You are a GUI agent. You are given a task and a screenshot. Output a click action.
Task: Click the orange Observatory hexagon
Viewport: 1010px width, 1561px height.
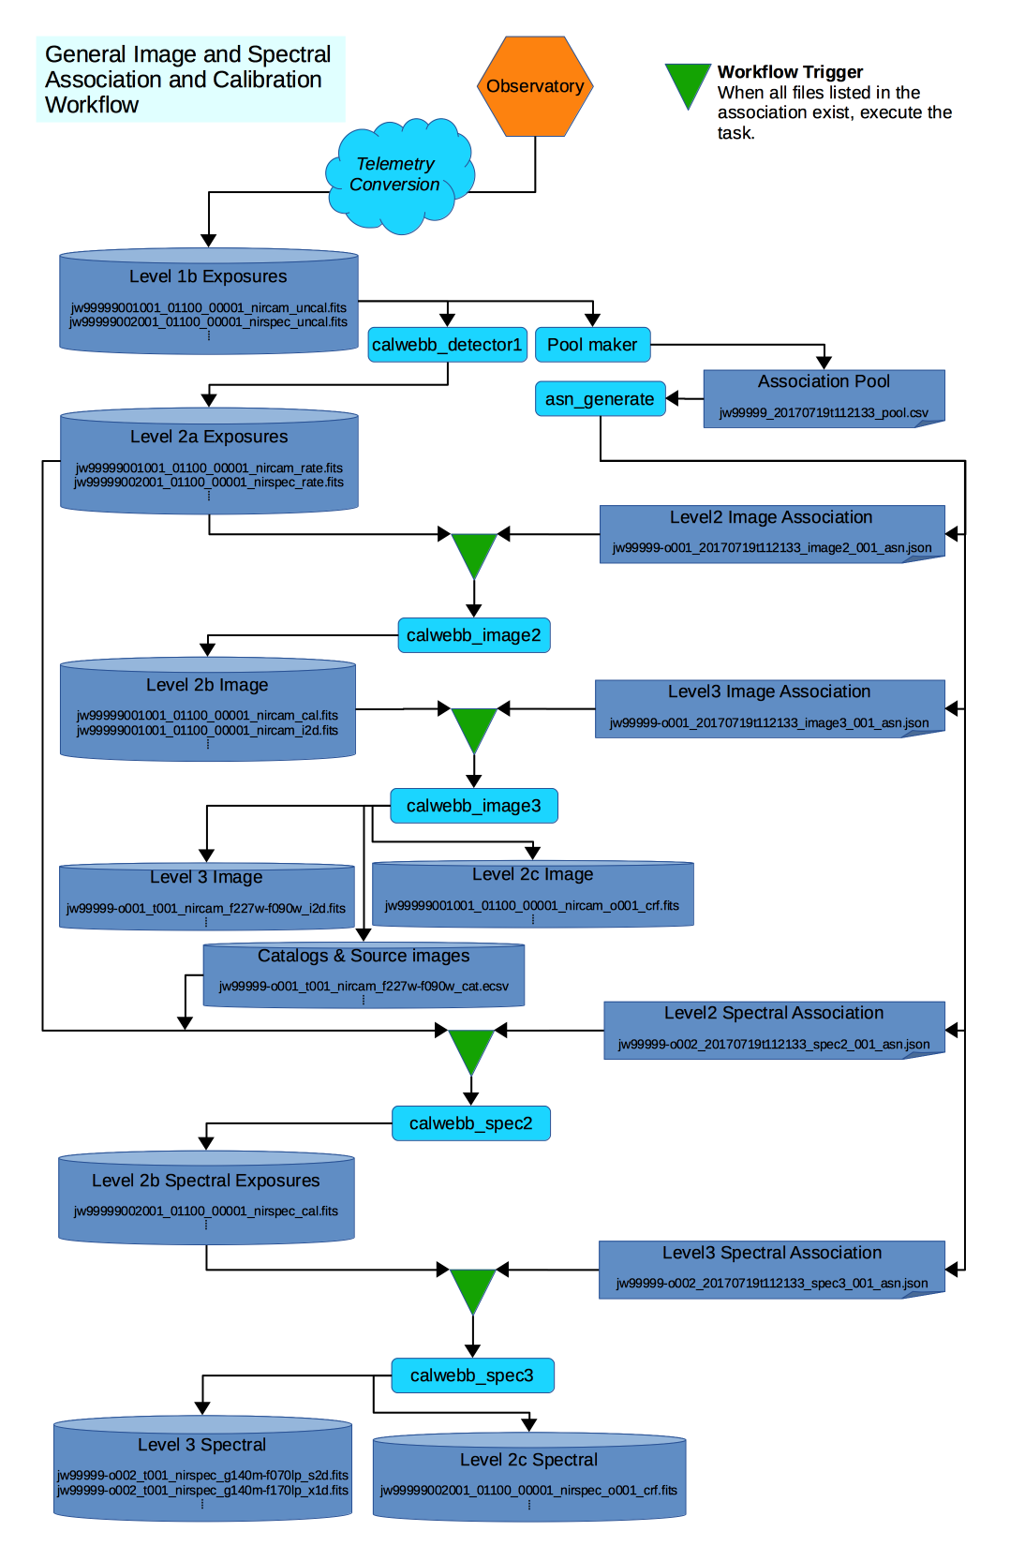coord(535,86)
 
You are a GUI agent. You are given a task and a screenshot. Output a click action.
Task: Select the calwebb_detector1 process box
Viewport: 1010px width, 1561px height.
coord(447,345)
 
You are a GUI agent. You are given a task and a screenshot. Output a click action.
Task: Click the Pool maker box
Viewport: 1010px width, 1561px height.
coord(592,345)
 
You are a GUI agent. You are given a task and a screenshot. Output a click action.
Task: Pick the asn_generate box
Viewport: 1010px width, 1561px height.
coord(600,399)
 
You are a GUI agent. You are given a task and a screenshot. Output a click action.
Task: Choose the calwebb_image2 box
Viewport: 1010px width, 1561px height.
coord(473,635)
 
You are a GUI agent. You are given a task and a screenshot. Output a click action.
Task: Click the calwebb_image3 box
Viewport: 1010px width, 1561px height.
coord(473,806)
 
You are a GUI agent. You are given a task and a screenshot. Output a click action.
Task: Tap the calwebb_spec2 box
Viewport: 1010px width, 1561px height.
coord(470,1123)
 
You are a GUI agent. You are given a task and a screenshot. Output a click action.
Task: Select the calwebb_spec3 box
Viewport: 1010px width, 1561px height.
coord(471,1375)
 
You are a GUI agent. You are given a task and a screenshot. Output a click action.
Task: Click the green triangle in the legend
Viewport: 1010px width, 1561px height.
coord(688,83)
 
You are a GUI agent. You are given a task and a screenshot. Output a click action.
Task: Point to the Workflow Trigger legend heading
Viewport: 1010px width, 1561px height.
coord(790,72)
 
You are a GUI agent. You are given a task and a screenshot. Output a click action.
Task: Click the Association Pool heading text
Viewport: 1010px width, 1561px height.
coord(824,381)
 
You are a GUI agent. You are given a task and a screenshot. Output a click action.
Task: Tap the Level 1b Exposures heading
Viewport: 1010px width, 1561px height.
coord(208,276)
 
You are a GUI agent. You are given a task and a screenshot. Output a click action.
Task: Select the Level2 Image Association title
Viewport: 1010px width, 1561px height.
coord(770,517)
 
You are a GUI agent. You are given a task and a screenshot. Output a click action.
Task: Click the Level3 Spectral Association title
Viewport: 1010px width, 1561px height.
coord(771,1253)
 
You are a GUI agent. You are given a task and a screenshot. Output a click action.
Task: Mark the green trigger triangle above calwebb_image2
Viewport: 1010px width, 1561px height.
coord(474,553)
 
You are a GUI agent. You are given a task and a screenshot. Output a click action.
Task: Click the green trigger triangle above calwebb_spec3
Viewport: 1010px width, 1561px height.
coord(472,1288)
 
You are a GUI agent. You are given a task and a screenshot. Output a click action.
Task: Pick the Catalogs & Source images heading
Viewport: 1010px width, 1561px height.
coord(364,956)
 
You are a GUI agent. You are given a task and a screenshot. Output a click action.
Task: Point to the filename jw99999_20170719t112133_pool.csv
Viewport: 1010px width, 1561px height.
coord(824,412)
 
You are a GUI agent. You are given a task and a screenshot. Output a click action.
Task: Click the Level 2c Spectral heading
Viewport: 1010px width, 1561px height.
coord(528,1460)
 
